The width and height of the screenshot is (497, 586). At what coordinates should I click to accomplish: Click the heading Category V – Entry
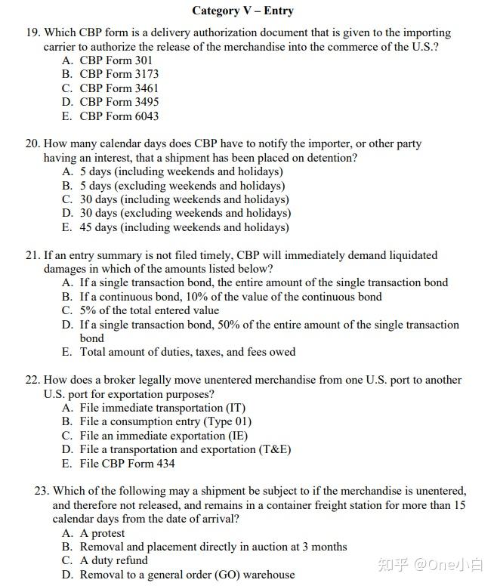pos(242,11)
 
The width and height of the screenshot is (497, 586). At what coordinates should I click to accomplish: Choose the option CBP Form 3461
pos(119,88)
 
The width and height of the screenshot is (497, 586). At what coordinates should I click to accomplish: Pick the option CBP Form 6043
pos(119,116)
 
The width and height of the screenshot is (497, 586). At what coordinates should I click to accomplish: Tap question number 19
pos(32,33)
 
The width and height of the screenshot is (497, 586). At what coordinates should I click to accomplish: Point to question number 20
pos(32,144)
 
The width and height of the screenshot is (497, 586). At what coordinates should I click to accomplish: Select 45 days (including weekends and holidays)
pos(184,227)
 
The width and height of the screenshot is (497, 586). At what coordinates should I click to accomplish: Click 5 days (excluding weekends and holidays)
pos(182,186)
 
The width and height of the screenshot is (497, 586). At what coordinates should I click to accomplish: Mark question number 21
pos(32,255)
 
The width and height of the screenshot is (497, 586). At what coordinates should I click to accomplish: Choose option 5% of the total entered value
pos(150,310)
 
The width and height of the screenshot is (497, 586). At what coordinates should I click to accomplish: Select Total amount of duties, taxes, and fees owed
pos(187,352)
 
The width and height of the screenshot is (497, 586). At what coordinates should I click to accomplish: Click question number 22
pos(32,380)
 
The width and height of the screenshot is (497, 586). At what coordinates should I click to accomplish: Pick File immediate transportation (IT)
pos(162,408)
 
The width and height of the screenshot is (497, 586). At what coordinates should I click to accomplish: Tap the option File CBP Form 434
pos(127,464)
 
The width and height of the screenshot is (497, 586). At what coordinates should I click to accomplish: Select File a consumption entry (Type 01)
pos(165,421)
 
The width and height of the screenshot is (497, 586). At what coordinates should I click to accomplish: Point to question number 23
pos(42,491)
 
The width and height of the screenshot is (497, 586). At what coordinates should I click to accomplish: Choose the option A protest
pos(102,533)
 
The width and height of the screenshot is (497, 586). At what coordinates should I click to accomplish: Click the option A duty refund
pos(113,560)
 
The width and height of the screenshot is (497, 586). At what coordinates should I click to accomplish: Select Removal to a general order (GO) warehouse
pos(187,575)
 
